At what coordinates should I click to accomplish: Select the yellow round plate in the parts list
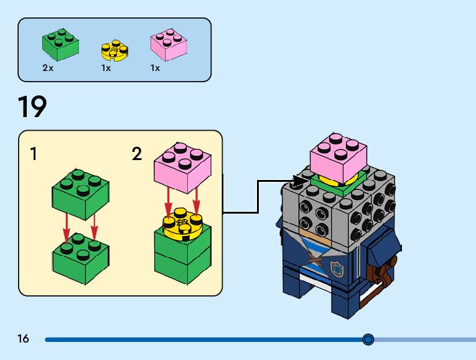[x=114, y=49]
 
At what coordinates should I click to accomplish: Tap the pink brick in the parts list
[x=169, y=45]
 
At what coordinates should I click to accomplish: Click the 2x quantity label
[x=48, y=68]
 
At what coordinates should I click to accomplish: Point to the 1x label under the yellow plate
[x=106, y=68]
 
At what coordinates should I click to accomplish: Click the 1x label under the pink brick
[x=155, y=68]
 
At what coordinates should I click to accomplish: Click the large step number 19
[x=32, y=107]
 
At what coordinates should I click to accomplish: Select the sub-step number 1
[x=33, y=154]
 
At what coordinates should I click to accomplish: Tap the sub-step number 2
[x=137, y=154]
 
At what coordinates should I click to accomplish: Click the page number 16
[x=24, y=339]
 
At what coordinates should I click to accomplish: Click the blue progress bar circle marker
[x=368, y=339]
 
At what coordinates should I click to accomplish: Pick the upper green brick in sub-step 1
[x=80, y=192]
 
